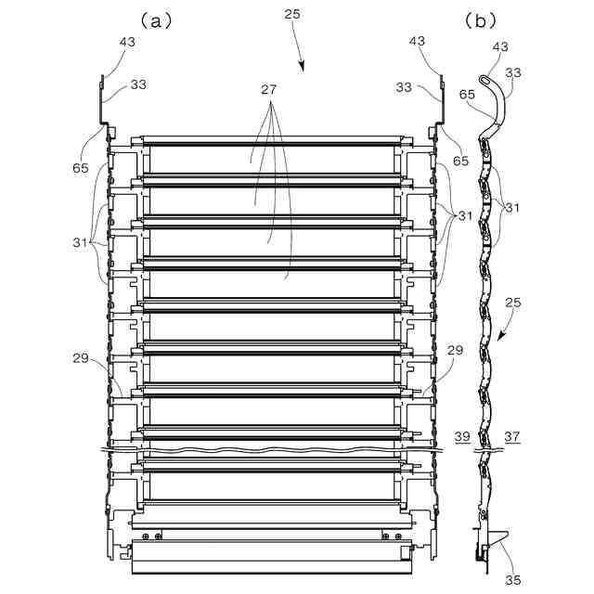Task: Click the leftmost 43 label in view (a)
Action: [127, 41]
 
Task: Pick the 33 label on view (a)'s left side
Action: [137, 85]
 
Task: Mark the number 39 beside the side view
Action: [462, 437]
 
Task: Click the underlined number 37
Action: [511, 437]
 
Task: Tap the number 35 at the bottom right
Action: [513, 580]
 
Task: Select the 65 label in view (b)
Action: [468, 94]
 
